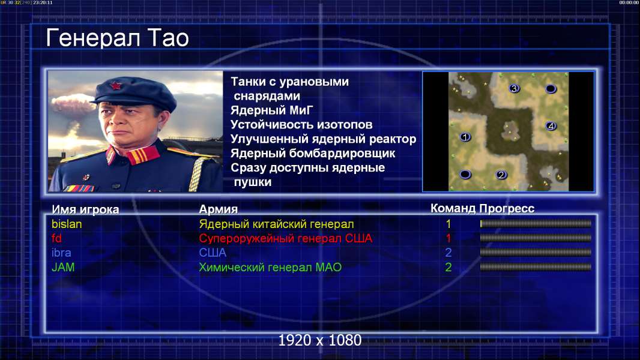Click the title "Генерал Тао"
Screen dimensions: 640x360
point(117,38)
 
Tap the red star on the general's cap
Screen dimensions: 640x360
point(116,86)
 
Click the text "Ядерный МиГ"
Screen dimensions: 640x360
point(271,110)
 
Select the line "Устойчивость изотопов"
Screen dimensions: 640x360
point(301,125)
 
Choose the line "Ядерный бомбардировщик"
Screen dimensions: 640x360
point(313,153)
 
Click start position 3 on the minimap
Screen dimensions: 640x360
point(514,88)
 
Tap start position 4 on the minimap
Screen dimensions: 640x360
point(551,126)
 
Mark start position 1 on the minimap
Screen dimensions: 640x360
point(465,137)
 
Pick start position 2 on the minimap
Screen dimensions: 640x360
point(501,175)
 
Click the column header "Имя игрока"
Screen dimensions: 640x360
point(85,209)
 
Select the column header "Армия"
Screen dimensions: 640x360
point(219,209)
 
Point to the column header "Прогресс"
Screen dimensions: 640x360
point(507,209)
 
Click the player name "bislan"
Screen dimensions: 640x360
point(67,224)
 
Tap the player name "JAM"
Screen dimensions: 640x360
point(63,268)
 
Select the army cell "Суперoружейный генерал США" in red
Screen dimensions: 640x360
point(285,239)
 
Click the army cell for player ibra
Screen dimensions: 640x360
point(213,253)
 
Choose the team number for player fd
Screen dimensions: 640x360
point(448,238)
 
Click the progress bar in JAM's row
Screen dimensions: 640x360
point(536,267)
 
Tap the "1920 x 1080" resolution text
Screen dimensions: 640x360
point(319,340)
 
